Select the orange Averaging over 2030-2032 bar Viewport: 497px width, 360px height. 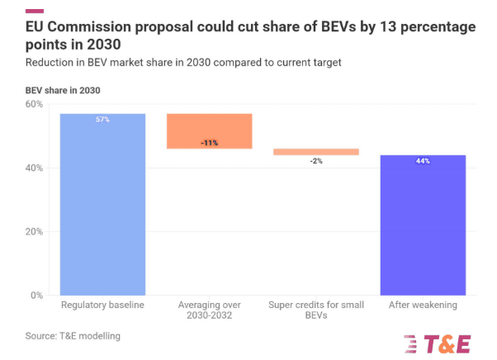click(x=209, y=130)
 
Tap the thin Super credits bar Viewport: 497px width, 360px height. click(x=315, y=152)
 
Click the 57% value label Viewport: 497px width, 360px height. click(x=102, y=120)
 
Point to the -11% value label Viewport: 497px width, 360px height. click(x=209, y=143)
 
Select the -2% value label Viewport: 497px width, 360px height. click(x=315, y=161)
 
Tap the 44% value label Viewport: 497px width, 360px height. click(x=422, y=161)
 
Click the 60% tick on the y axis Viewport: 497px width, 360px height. click(x=34, y=104)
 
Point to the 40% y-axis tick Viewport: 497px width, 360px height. click(x=34, y=168)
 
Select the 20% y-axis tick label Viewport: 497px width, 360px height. click(x=34, y=231)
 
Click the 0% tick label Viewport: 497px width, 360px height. click(x=37, y=295)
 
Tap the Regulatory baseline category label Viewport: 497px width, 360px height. click(x=102, y=306)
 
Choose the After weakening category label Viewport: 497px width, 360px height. click(x=422, y=306)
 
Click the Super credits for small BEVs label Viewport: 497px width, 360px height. click(x=315, y=311)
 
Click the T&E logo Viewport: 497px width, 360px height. click(x=437, y=342)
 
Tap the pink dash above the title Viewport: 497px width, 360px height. click(x=35, y=11)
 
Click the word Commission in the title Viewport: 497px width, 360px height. click(x=106, y=26)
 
